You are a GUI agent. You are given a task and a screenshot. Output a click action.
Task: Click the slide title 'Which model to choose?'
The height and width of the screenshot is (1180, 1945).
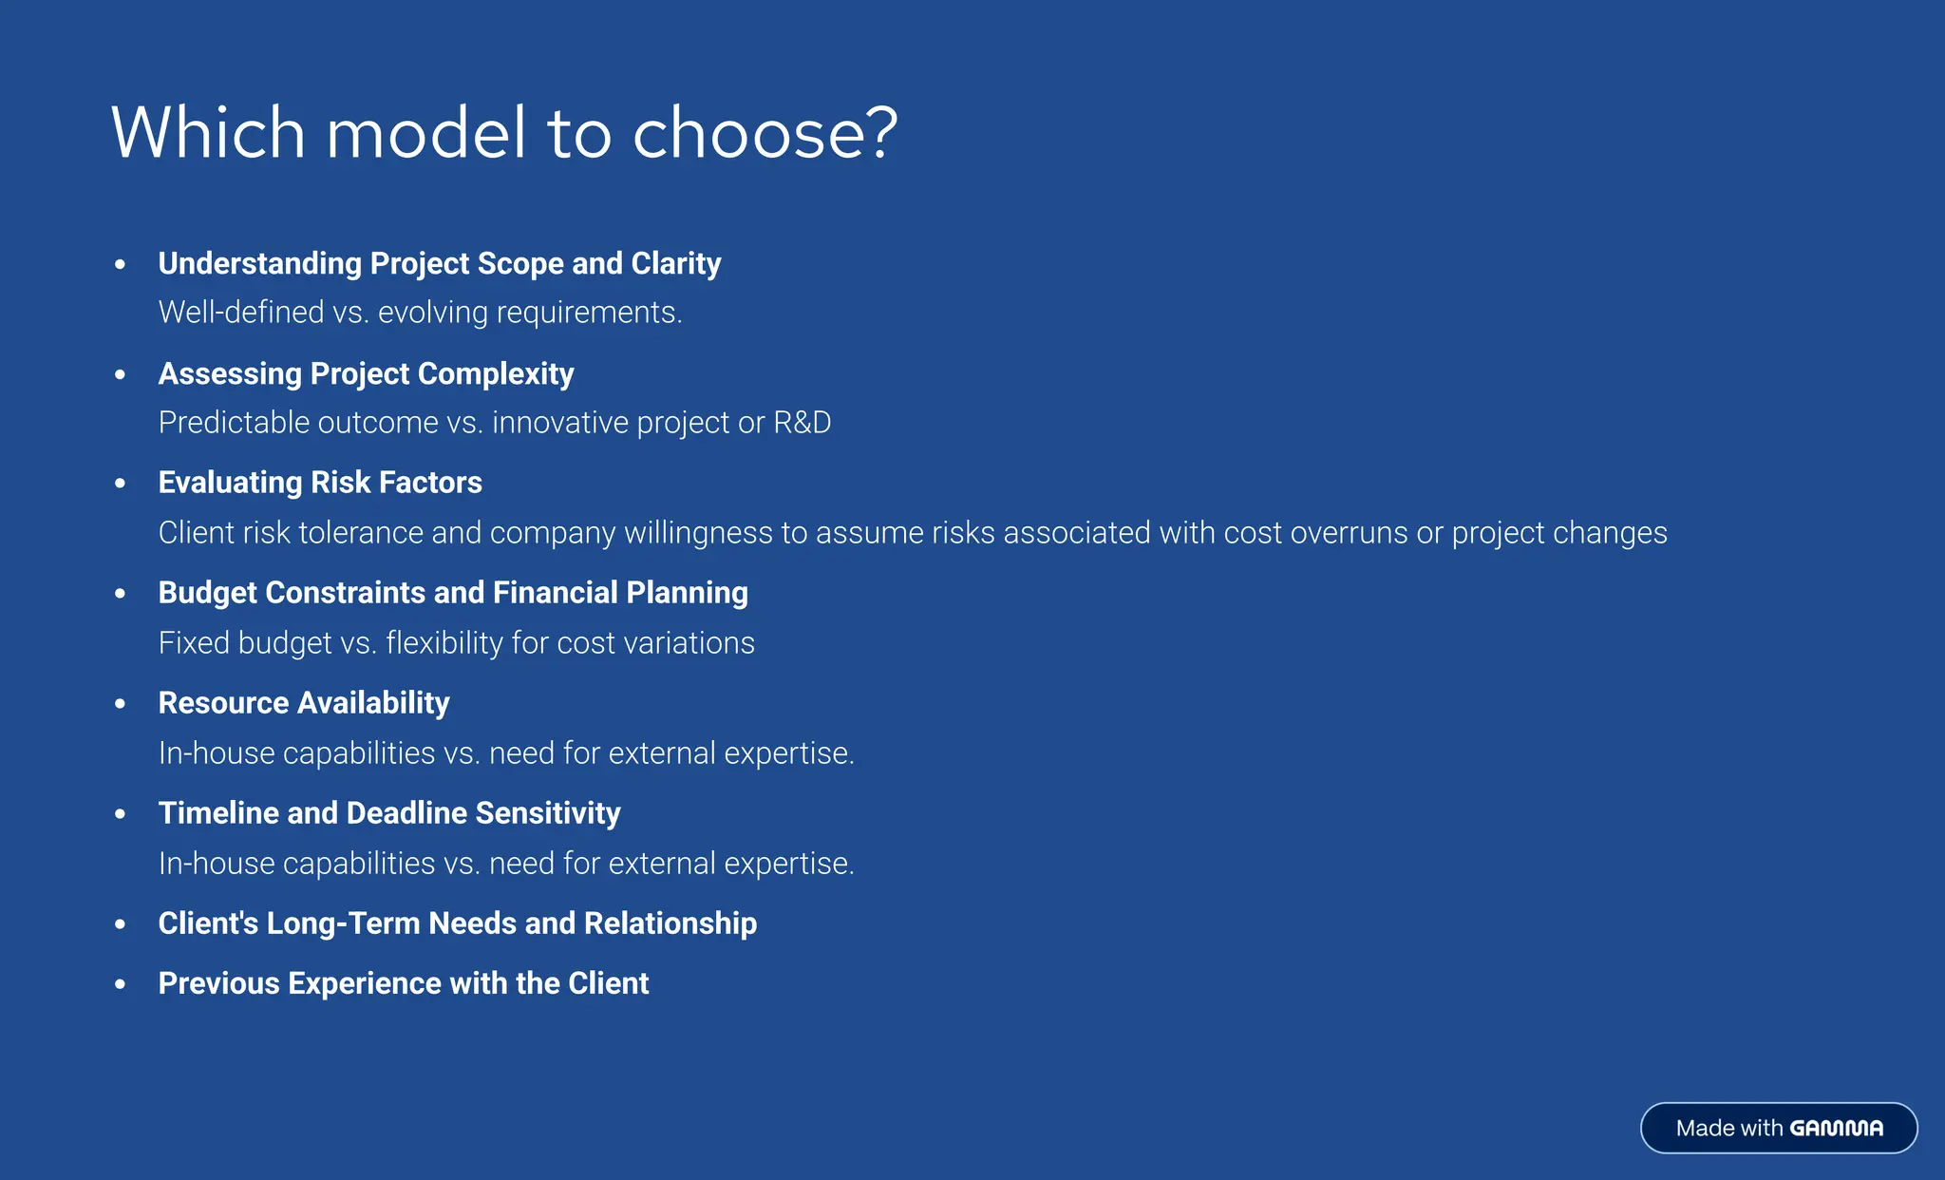click(x=503, y=133)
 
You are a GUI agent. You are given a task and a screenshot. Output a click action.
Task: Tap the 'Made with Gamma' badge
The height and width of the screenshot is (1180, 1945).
click(x=1778, y=1128)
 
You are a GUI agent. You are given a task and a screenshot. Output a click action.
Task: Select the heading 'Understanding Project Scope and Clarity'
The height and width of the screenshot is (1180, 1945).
click(x=439, y=263)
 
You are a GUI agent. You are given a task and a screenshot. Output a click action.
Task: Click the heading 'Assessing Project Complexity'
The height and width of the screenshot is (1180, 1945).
click(x=366, y=373)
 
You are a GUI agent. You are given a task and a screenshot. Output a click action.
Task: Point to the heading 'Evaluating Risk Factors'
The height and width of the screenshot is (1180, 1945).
click(x=320, y=483)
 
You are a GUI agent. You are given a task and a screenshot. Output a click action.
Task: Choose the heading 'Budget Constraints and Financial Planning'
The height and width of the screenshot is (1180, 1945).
click(x=453, y=593)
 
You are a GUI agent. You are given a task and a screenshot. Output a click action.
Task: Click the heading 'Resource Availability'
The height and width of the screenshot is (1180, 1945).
click(x=304, y=703)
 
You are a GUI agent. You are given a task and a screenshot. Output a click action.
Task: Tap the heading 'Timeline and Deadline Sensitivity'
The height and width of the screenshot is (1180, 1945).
click(x=389, y=813)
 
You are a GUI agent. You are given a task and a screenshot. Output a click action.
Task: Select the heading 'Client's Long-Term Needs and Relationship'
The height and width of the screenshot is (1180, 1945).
click(x=457, y=923)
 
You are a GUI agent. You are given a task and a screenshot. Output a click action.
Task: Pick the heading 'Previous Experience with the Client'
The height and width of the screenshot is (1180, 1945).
click(x=404, y=983)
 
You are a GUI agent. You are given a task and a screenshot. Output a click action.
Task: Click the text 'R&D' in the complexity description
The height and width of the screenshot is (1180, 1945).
click(x=802, y=423)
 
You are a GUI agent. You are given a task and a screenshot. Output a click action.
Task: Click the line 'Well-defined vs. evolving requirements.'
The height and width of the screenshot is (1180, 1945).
click(x=420, y=313)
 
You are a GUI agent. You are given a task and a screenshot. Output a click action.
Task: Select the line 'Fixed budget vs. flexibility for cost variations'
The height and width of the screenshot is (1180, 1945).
click(x=456, y=643)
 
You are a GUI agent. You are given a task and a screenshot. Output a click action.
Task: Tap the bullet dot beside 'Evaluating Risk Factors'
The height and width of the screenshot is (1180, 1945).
click(x=120, y=484)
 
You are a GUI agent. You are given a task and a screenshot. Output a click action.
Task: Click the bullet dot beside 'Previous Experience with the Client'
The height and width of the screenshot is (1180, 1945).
click(x=120, y=984)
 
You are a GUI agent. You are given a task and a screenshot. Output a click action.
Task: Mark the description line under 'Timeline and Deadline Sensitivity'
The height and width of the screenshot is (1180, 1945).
click(x=506, y=864)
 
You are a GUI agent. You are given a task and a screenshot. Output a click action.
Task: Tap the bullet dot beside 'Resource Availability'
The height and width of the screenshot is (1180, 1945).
click(x=120, y=704)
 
